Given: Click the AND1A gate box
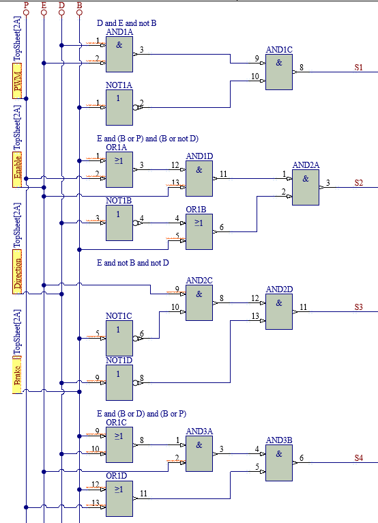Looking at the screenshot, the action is pos(119,54).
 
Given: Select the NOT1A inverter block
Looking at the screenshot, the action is pos(119,107).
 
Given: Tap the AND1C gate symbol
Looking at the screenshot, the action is pos(279,72).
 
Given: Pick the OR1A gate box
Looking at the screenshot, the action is pos(119,170).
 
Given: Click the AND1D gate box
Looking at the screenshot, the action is pos(199,178).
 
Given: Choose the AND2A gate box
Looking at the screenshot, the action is pos(306,188).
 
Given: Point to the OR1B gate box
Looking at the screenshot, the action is pos(199,232).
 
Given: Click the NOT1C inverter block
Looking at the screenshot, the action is pos(119,338).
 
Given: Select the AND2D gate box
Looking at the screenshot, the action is pos(279,311).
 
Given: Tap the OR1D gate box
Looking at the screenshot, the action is pos(119,498).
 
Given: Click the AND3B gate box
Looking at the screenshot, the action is pos(279,463).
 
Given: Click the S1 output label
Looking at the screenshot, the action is pos(358,68).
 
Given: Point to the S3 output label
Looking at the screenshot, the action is pos(358,307).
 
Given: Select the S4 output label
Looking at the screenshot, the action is pos(358,458).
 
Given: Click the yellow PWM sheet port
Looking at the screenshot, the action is pos(17,81).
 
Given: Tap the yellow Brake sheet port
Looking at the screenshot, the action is pos(17,375).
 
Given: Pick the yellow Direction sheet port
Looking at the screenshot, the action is pos(17,272).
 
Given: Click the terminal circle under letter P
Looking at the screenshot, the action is pos(26,13).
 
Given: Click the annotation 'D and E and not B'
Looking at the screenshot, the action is pos(126,23).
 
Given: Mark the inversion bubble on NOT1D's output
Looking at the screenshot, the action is pos(135,382).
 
